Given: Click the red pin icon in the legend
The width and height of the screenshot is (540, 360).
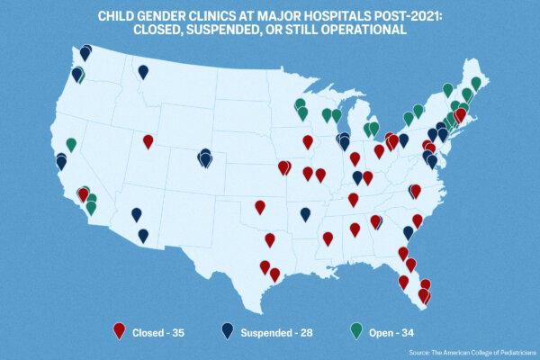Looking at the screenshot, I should pos(119,331).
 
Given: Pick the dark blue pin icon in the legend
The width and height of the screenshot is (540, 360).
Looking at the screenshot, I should pos(228,331).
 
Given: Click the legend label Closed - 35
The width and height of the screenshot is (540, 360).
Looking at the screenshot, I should pos(158,333).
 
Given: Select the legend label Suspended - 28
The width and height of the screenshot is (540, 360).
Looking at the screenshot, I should pos(276,333).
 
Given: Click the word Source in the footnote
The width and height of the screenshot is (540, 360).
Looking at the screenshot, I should pos(420,352).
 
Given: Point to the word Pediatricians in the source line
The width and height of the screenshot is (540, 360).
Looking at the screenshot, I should pos(512,352).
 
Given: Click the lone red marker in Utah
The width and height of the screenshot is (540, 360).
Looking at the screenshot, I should pos(148,140).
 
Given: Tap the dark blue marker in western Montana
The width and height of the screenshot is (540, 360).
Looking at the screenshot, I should pos(143,71).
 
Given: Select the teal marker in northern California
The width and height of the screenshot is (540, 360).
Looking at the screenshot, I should pos(71,144).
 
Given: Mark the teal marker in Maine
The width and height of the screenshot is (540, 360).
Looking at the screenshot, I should pos(475,83).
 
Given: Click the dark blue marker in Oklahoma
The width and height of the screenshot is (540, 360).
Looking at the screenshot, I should pos(305,213).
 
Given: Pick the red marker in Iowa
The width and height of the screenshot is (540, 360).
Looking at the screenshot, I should pos(308,141).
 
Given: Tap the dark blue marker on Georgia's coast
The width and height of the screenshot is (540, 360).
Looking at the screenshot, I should pos(408,232).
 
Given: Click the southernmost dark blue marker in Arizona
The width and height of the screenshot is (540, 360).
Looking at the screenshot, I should pos(143,235).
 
